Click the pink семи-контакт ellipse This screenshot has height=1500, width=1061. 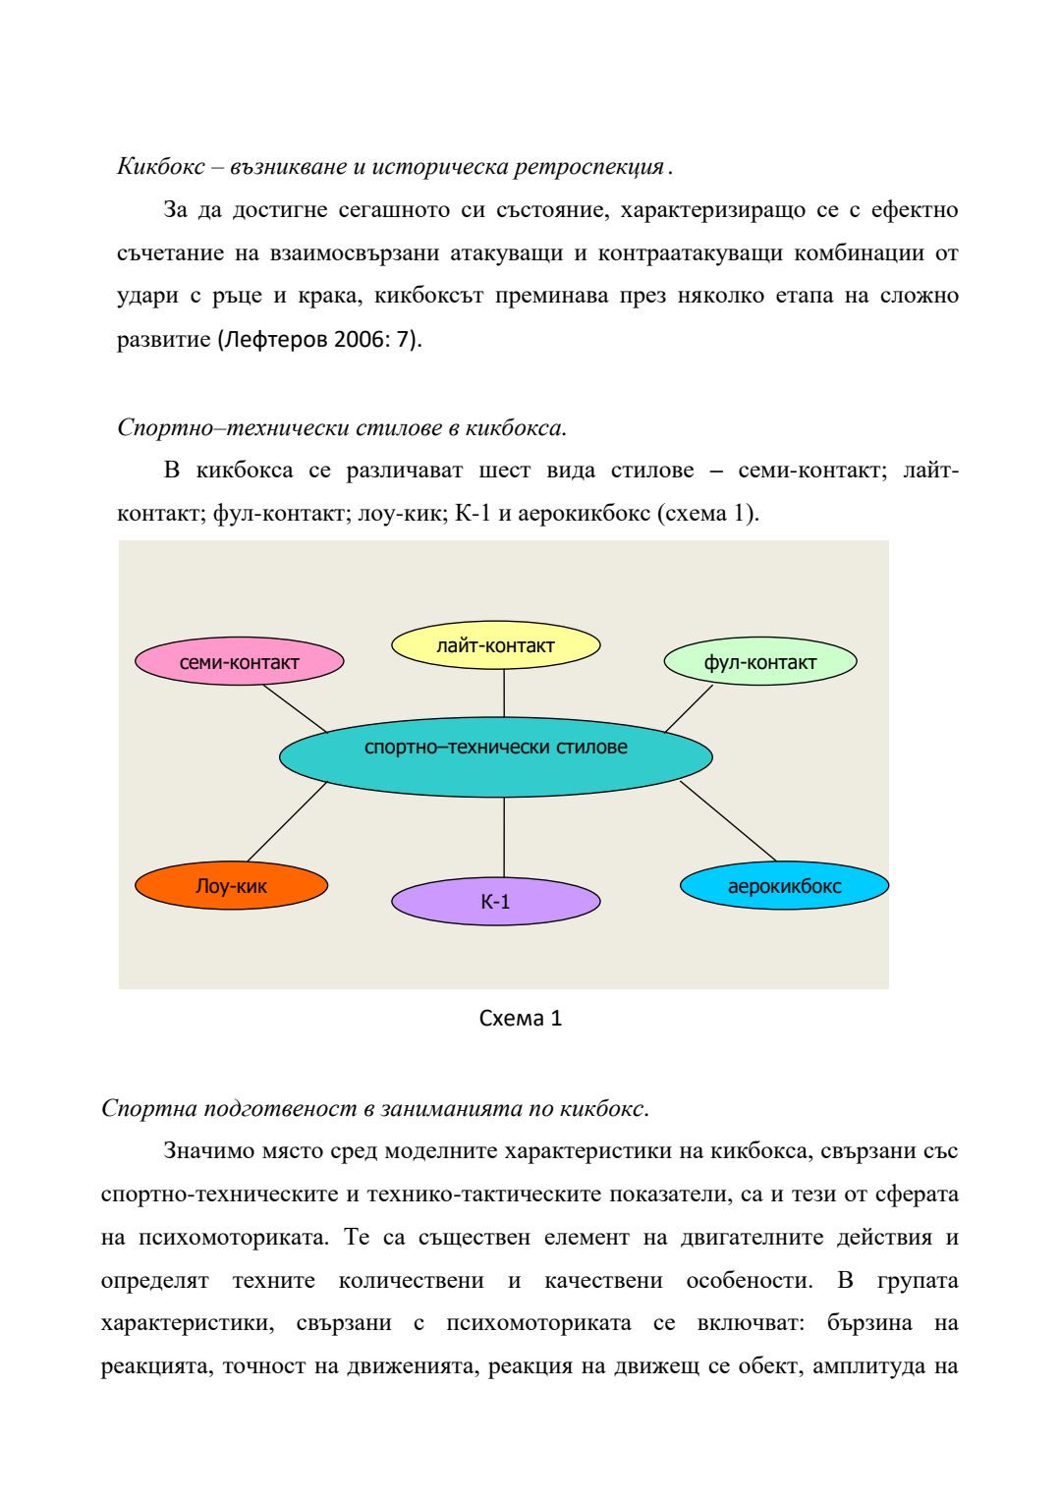tap(239, 662)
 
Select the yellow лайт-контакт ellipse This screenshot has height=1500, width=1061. tap(495, 645)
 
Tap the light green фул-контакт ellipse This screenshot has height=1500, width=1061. tap(759, 662)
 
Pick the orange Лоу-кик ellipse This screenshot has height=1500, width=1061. tap(231, 886)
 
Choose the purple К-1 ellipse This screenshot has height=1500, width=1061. tap(495, 902)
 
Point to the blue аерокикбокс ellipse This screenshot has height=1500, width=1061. tap(784, 886)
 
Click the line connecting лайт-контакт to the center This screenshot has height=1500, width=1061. tap(504, 694)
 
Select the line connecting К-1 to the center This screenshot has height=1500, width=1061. tap(504, 837)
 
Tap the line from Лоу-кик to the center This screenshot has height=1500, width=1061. tap(287, 821)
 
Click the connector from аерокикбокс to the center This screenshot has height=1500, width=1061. tap(728, 821)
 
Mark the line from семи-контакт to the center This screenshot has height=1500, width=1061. tap(295, 708)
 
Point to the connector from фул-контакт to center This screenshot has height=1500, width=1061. tap(689, 708)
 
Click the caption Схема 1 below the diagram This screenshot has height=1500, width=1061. tap(520, 1019)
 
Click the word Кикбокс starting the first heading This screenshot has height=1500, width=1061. tap(160, 167)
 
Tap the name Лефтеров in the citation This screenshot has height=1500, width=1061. tap(277, 340)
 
